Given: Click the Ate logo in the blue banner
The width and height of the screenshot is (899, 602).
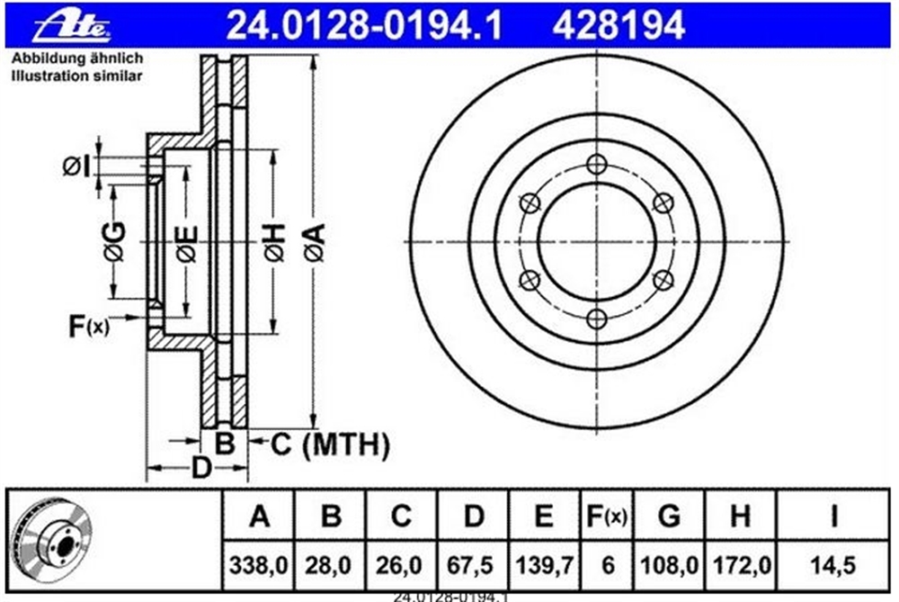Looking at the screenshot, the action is pyautogui.click(x=72, y=26).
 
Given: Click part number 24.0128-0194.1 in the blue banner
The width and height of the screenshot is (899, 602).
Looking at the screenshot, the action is pyautogui.click(x=365, y=26).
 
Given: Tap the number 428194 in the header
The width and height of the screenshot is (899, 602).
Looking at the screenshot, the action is pyautogui.click(x=619, y=26).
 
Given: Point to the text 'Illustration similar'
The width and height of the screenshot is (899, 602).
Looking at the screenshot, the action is pyautogui.click(x=76, y=76).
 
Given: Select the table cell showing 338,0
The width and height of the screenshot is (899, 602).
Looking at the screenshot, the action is pyautogui.click(x=258, y=565).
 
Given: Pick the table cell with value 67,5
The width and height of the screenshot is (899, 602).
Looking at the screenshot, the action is pyautogui.click(x=473, y=565).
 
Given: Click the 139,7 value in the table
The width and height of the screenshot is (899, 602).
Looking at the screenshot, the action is pyautogui.click(x=544, y=565).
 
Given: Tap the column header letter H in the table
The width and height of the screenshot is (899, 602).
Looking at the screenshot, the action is pyautogui.click(x=740, y=516).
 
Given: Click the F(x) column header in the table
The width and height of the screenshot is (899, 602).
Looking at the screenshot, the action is pyautogui.click(x=607, y=517).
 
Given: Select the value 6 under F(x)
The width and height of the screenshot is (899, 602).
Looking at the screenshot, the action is pyautogui.click(x=608, y=565).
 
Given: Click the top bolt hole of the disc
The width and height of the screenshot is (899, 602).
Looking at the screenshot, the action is pyautogui.click(x=597, y=165).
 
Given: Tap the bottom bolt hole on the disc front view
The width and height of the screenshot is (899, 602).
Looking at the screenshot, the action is pyautogui.click(x=597, y=319).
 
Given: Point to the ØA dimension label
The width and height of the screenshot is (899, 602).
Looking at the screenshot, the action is pyautogui.click(x=315, y=242).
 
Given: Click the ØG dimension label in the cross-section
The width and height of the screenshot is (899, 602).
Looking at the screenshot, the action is pyautogui.click(x=115, y=240).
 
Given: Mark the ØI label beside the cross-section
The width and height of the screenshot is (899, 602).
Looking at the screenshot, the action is pyautogui.click(x=76, y=167).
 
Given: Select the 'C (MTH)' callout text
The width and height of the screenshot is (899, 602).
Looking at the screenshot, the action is pyautogui.click(x=330, y=445).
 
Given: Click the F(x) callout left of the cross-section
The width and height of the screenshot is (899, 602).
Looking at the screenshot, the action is pyautogui.click(x=88, y=326).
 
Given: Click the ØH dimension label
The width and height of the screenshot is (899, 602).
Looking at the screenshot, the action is pyautogui.click(x=274, y=242).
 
